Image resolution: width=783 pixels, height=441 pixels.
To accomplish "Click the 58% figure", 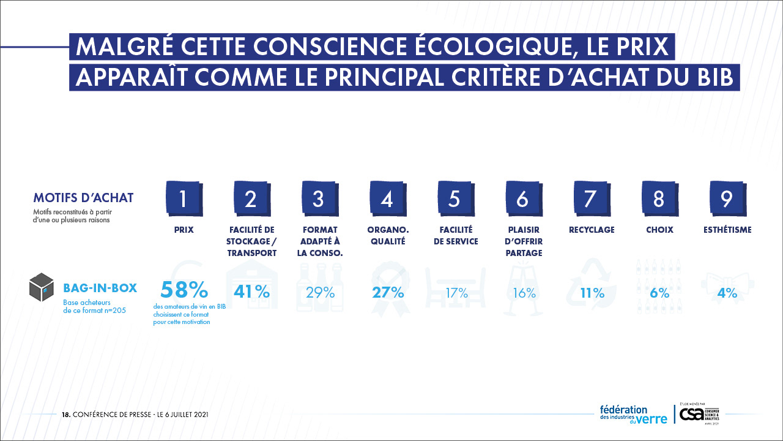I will pyautogui.click(x=184, y=290).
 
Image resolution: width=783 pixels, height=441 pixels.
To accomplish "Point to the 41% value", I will pyautogui.click(x=251, y=292).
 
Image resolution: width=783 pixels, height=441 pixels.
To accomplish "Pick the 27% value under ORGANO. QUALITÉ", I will pyautogui.click(x=388, y=292).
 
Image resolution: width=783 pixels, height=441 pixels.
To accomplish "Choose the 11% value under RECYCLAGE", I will pyautogui.click(x=592, y=293).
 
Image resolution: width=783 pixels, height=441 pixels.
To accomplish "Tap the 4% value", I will pyautogui.click(x=727, y=293).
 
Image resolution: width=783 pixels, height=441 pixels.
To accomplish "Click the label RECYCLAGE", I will pyautogui.click(x=592, y=230).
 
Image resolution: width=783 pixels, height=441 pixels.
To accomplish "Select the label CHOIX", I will pyautogui.click(x=659, y=230).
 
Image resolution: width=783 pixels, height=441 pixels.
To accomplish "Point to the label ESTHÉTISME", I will pyautogui.click(x=727, y=230).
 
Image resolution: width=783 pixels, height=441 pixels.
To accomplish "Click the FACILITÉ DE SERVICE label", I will pyautogui.click(x=456, y=236).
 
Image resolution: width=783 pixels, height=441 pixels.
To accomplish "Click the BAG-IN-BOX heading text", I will pyautogui.click(x=100, y=288).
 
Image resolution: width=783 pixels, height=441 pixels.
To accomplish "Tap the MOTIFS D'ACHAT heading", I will pyautogui.click(x=83, y=198).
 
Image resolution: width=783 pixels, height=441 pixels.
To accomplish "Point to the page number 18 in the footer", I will pyautogui.click(x=65, y=415).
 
